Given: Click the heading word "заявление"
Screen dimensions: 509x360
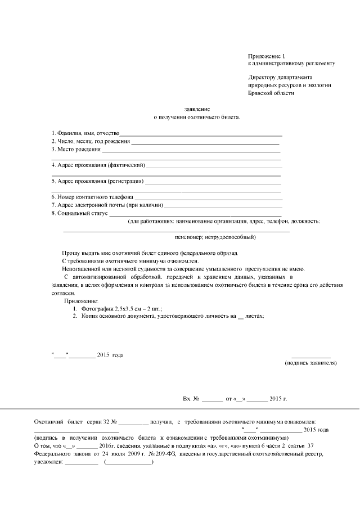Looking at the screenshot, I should click(197, 108).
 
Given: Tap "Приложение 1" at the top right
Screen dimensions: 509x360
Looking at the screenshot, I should click(267, 56).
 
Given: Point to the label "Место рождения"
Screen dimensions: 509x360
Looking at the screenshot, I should click(79, 150).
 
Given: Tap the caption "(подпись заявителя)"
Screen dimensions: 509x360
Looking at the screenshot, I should click(311, 363).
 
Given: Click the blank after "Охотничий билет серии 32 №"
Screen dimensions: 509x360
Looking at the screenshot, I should click(133, 422).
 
